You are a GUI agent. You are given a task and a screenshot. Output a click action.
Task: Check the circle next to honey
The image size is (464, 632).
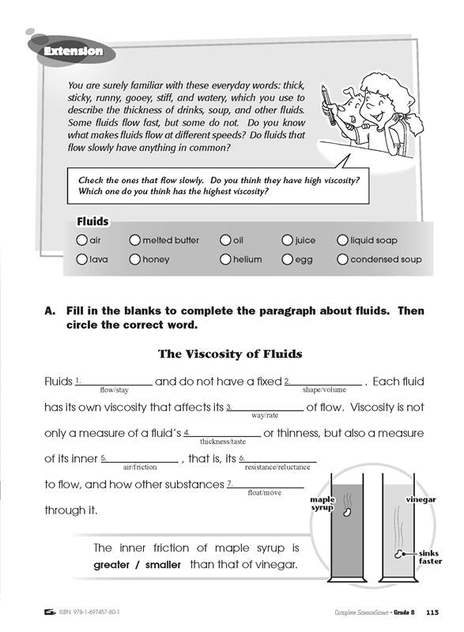134,259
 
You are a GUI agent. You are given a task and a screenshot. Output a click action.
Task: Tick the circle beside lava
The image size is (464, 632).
81,259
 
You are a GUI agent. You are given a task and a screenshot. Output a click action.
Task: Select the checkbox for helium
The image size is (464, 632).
225,259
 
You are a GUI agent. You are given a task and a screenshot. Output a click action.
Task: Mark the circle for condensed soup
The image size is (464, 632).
342,259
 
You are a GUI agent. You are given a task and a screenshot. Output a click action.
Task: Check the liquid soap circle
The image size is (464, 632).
342,240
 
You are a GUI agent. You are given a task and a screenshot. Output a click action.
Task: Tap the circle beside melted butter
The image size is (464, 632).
134,240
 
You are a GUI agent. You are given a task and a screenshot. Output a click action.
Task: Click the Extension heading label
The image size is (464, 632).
74,51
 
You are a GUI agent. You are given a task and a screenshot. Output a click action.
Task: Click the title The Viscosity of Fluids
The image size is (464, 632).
230,354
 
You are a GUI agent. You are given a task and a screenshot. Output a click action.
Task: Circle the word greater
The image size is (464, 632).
111,565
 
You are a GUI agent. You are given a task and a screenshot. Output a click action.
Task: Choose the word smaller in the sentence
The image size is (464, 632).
163,565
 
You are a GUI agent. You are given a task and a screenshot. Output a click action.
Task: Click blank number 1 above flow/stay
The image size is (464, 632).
114,385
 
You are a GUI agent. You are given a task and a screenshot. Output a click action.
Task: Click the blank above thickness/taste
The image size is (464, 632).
223,436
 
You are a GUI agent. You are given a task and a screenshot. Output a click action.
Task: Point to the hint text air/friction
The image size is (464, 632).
140,467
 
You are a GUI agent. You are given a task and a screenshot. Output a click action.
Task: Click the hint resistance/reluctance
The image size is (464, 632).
277,467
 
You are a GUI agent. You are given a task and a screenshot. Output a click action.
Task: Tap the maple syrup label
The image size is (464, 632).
322,503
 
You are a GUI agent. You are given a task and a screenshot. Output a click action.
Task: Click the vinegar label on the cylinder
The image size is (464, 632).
421,500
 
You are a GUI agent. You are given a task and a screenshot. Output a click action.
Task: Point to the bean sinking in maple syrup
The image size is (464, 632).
347,512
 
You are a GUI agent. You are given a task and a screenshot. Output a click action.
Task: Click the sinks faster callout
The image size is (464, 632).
430,557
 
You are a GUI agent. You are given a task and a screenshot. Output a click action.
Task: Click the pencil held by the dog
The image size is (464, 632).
328,105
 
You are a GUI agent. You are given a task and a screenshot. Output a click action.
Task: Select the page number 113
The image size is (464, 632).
432,612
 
